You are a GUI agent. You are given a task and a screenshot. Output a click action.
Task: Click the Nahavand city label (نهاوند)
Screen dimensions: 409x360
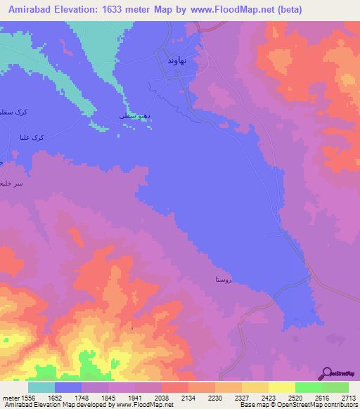coord(176,62)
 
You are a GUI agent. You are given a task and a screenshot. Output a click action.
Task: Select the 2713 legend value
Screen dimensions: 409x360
coord(349,398)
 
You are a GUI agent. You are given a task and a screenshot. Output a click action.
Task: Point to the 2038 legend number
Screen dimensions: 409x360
coord(161,398)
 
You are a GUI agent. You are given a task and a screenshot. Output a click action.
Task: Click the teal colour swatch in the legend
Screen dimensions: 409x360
coord(41,387)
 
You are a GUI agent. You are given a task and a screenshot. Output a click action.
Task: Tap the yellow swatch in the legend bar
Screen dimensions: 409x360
coord(281,387)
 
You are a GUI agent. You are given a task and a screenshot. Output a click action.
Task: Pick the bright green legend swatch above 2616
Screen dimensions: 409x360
coord(308,387)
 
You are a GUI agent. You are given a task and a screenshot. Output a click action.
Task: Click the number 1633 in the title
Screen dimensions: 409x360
coord(109,9)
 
